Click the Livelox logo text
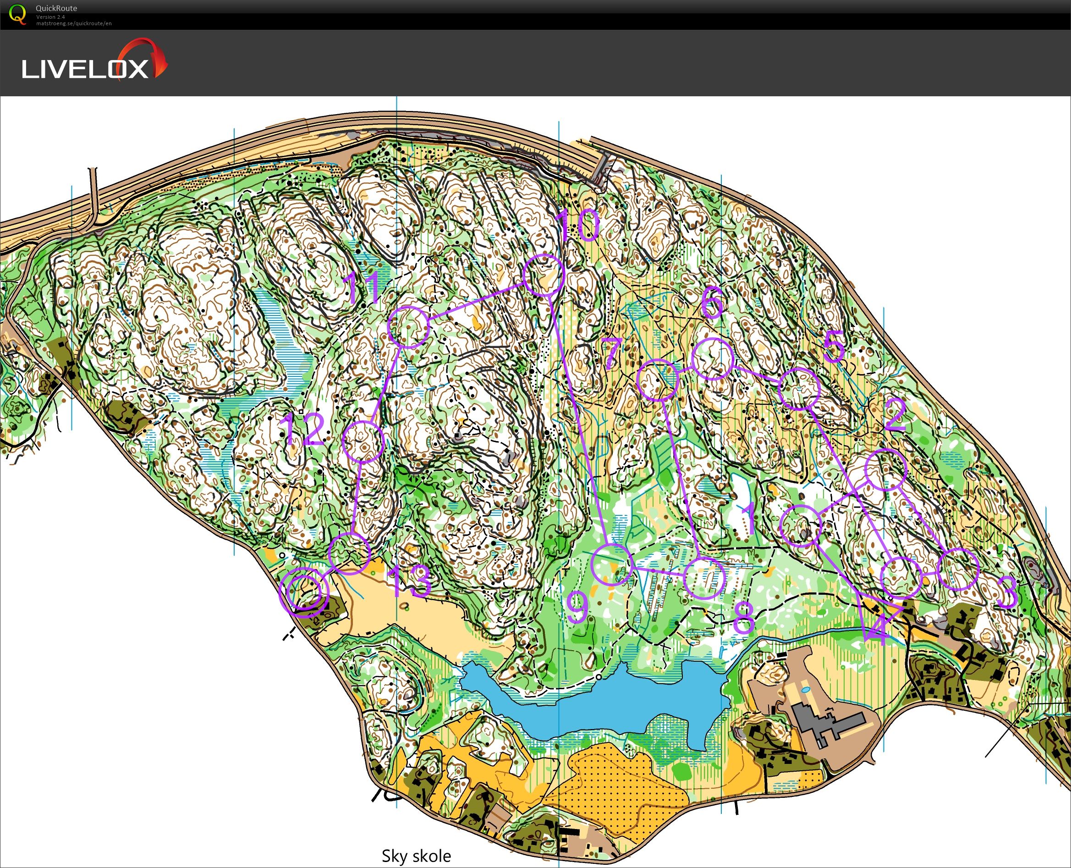pos(85,68)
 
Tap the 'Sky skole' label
pos(416,856)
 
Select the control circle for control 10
pos(544,275)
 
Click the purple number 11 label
pos(364,289)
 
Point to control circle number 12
pos(363,441)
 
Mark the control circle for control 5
pos(800,388)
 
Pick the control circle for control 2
pos(885,470)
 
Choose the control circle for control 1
pos(801,525)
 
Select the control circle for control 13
pos(350,553)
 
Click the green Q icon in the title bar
pos(17,14)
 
